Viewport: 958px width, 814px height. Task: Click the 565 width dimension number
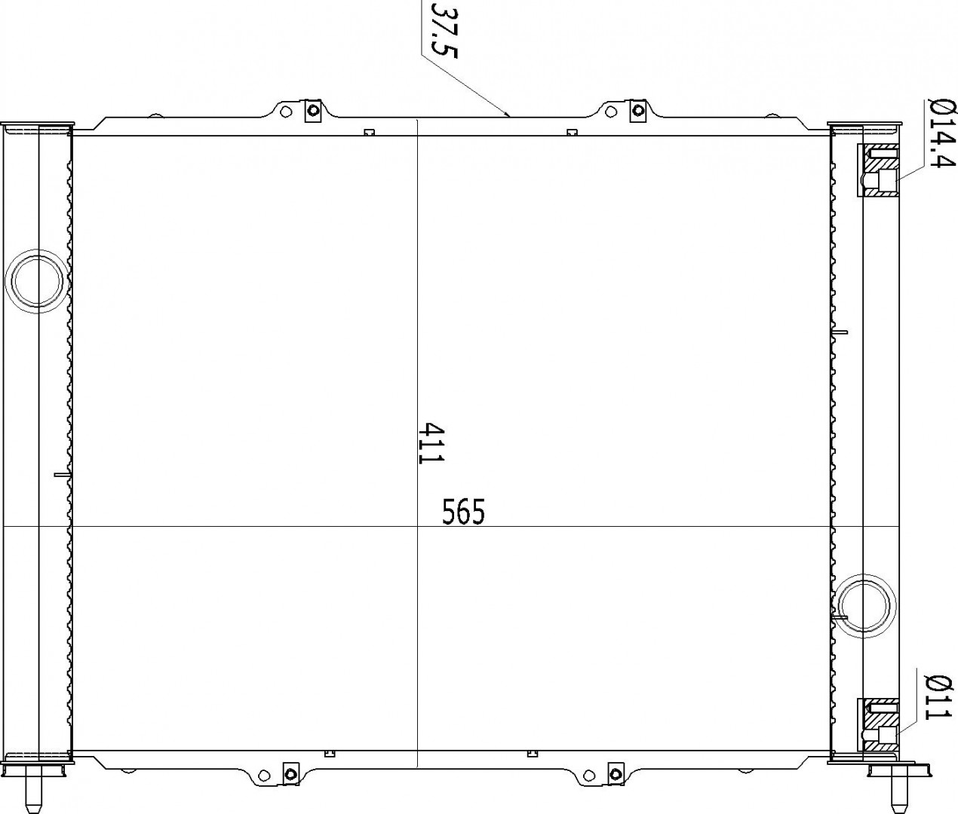tap(463, 512)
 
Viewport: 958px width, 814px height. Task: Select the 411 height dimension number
tap(431, 442)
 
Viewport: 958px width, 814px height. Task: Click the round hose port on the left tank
tap(37, 281)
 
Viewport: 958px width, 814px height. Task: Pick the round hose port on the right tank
tap(864, 607)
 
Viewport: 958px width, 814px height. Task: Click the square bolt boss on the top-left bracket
tap(313, 111)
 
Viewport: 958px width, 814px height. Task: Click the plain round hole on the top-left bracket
tap(287, 112)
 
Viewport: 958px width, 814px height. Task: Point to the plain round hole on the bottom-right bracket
tap(590, 775)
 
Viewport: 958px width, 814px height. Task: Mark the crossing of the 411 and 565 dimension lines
tap(418, 526)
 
